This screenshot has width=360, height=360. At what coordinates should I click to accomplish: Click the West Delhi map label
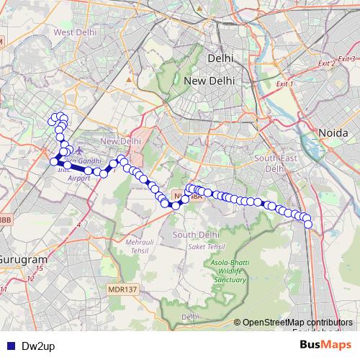pyautogui.click(x=75, y=32)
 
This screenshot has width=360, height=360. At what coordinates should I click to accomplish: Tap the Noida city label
pyautogui.click(x=334, y=133)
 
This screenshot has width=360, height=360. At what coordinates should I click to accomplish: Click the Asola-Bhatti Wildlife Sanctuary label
pyautogui.click(x=228, y=272)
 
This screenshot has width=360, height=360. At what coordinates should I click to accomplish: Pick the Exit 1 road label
pyautogui.click(x=284, y=84)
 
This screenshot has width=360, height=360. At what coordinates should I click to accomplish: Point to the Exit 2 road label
pyautogui.click(x=326, y=65)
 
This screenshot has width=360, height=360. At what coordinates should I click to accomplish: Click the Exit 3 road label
pyautogui.click(x=348, y=58)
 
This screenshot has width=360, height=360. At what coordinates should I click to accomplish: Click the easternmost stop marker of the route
pyautogui.click(x=309, y=224)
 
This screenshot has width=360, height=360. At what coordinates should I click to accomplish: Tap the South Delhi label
pyautogui.click(x=190, y=235)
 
